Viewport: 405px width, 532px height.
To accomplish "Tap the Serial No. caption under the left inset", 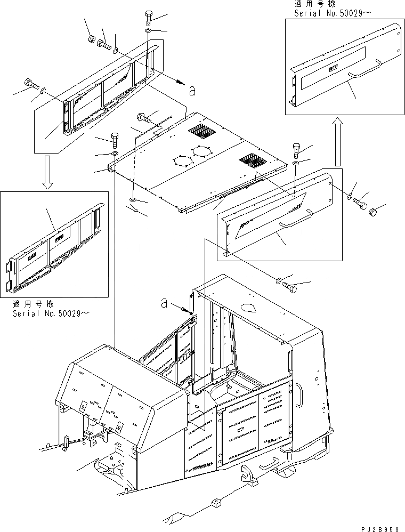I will pos(50,313).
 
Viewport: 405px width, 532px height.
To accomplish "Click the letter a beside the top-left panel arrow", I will pos(192,91).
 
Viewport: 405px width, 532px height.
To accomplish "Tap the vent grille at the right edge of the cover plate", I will pos(250,159).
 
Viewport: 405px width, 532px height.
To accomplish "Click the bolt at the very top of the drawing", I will pos(148,18).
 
